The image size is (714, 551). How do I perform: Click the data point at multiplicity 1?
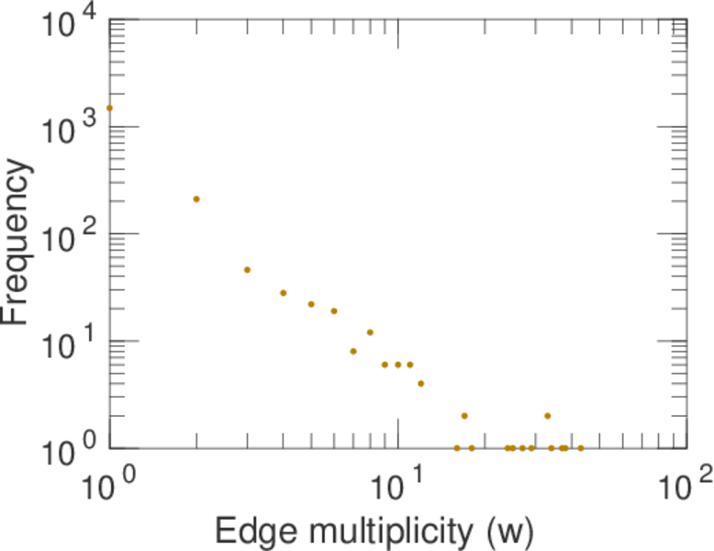(x=109, y=107)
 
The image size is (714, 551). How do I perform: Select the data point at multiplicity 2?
(x=196, y=199)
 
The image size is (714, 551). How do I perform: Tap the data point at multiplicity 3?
(x=247, y=270)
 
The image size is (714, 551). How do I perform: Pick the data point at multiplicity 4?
(x=284, y=293)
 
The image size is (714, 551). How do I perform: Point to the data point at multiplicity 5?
(x=311, y=304)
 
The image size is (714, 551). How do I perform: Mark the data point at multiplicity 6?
(x=334, y=311)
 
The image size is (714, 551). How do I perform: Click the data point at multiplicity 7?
(x=353, y=351)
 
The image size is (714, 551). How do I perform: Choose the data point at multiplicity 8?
(x=370, y=332)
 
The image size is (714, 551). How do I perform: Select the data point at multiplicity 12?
(x=420, y=384)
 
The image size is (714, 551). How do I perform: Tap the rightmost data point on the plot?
(x=580, y=448)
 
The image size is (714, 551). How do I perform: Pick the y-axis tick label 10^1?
(x=67, y=343)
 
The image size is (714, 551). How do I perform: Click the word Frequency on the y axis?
(x=18, y=241)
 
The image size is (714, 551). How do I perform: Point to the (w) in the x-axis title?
(x=507, y=531)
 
